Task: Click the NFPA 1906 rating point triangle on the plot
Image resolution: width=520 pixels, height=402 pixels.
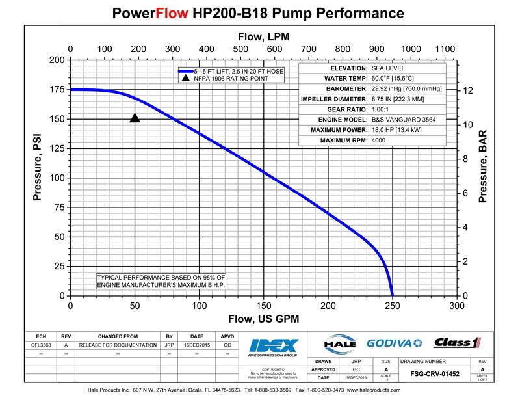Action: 135,118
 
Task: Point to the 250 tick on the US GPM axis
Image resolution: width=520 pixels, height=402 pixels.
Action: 392,306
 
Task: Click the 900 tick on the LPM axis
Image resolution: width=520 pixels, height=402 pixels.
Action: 376,49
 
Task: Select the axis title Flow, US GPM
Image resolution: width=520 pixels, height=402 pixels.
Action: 263,319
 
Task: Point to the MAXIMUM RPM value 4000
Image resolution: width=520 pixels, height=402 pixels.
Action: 378,140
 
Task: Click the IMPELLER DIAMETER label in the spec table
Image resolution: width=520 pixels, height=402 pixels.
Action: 335,99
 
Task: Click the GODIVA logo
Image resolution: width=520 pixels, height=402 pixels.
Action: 395,343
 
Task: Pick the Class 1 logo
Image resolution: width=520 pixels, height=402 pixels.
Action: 457,343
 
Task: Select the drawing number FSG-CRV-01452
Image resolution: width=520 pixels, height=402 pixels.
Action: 435,374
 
